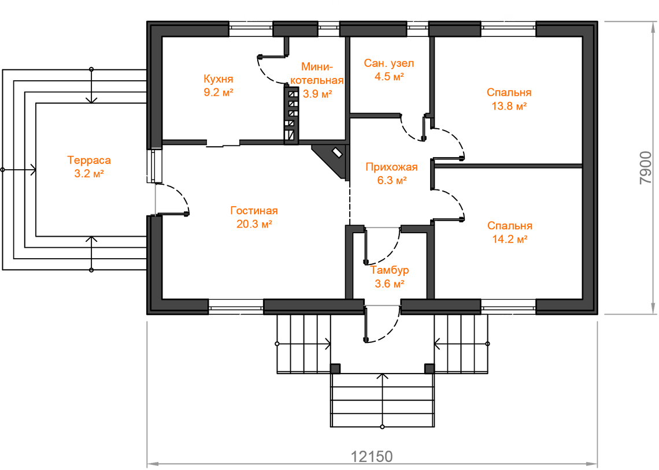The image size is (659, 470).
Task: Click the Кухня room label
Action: [218, 79]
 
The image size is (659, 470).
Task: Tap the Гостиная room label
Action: [254, 211]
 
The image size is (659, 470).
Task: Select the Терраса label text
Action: [89, 160]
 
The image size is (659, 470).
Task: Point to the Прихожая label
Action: [391, 167]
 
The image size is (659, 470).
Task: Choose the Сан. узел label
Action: [388, 63]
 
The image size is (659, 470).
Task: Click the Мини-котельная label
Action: [317, 72]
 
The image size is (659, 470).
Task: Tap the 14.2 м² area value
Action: [509, 239]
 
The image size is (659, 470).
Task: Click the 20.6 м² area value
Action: [254, 224]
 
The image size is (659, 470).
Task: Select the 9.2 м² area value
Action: [218, 92]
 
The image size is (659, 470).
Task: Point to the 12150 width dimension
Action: [372, 456]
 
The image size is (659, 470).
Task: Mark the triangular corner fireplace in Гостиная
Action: [332, 159]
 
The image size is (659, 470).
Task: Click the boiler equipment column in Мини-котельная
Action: [291, 113]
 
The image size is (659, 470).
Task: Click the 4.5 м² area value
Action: [388, 77]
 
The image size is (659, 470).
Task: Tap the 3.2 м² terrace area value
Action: [89, 173]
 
